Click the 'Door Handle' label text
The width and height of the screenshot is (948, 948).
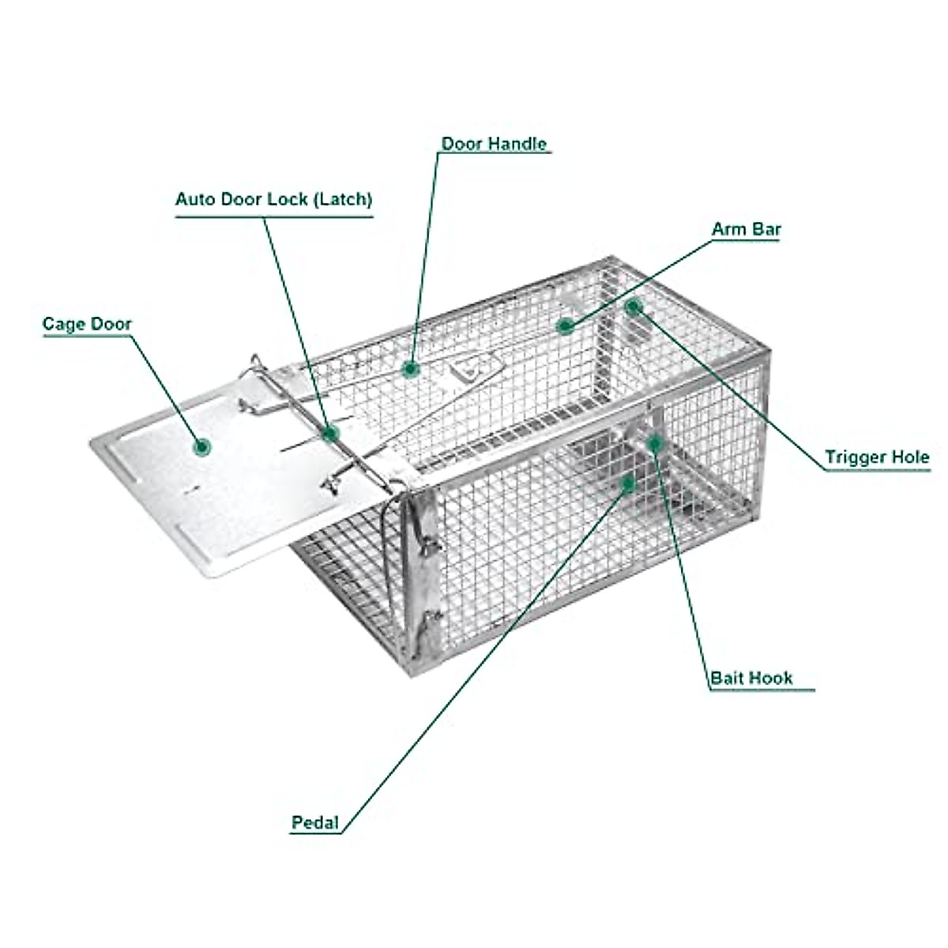(494, 144)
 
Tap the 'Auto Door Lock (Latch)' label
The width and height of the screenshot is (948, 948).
(273, 199)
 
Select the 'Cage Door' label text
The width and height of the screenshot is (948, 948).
(87, 324)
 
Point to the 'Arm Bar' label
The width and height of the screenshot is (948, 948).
(747, 230)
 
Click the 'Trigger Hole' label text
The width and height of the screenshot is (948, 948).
(877, 457)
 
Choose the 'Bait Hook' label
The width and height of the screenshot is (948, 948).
(751, 678)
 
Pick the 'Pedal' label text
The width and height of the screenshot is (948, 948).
(315, 822)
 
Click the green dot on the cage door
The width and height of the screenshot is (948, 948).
(203, 447)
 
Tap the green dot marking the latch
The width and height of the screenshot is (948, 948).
(331, 433)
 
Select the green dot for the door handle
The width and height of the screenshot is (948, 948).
(409, 368)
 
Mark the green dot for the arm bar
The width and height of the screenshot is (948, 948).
(565, 325)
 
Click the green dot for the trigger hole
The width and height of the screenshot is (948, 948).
(633, 305)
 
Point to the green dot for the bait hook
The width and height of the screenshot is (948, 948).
(654, 443)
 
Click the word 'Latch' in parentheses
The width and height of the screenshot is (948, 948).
(343, 199)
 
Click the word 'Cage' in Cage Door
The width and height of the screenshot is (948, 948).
(64, 324)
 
